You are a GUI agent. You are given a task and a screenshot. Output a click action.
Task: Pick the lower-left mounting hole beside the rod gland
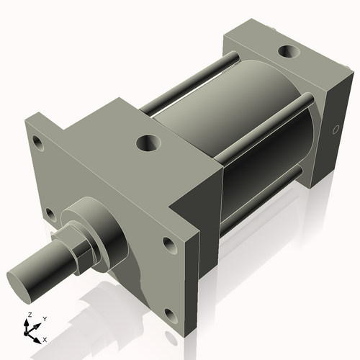tap(49, 214)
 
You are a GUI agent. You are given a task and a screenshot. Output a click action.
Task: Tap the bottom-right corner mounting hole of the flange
tap(170, 314)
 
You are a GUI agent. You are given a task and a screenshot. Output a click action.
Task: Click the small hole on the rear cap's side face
tap(334, 131)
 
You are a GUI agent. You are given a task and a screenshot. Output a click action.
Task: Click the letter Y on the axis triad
tap(45, 318)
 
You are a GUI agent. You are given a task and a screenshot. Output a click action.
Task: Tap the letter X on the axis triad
tap(45, 338)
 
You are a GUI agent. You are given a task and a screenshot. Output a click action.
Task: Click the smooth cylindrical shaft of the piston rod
tap(43, 266)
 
